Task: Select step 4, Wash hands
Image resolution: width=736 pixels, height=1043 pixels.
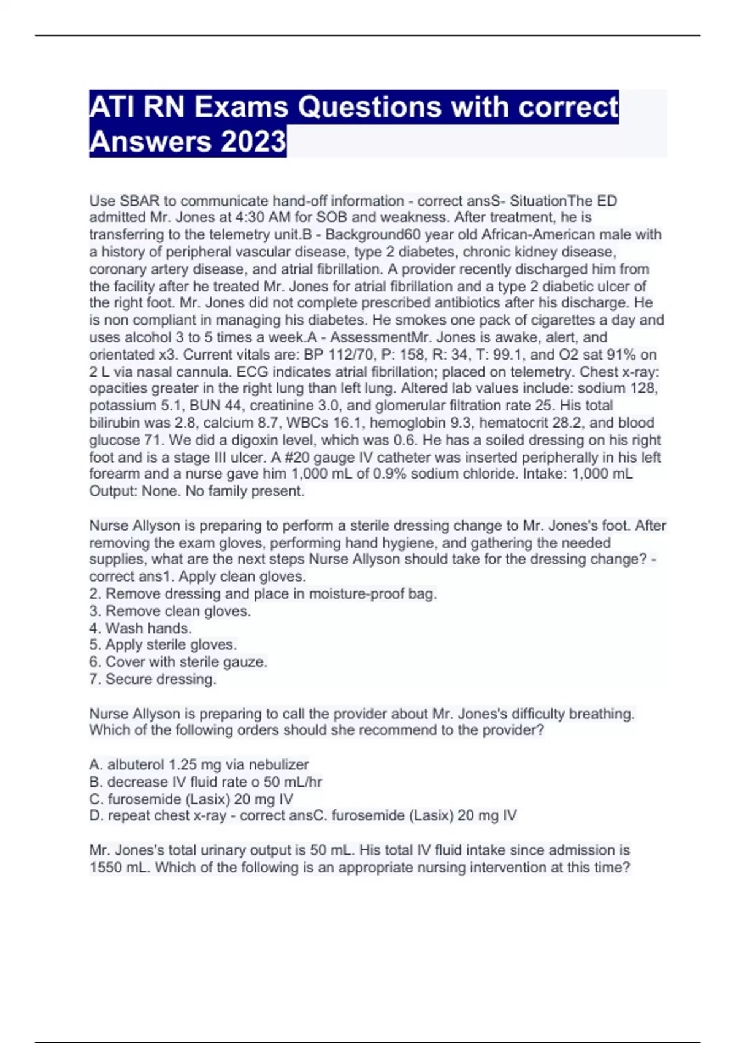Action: (140, 628)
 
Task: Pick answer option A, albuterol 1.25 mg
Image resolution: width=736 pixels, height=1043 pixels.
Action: (199, 764)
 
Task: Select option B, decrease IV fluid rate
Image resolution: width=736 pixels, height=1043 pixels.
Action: (205, 782)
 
